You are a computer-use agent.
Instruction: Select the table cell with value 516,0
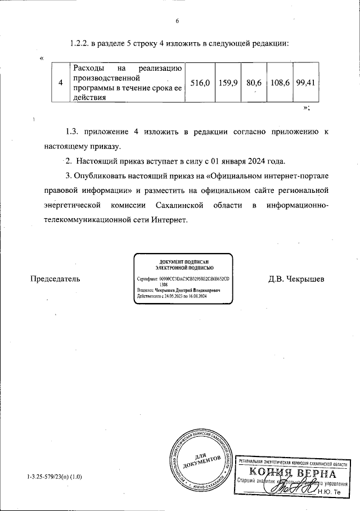point(200,83)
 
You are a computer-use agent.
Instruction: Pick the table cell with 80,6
point(254,83)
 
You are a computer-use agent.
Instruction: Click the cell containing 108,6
point(280,83)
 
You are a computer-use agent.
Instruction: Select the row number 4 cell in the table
point(60,83)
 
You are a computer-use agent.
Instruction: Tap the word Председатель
point(55,278)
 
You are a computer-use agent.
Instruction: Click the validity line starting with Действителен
point(172,296)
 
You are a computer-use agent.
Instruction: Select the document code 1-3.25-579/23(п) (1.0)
point(54,477)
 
